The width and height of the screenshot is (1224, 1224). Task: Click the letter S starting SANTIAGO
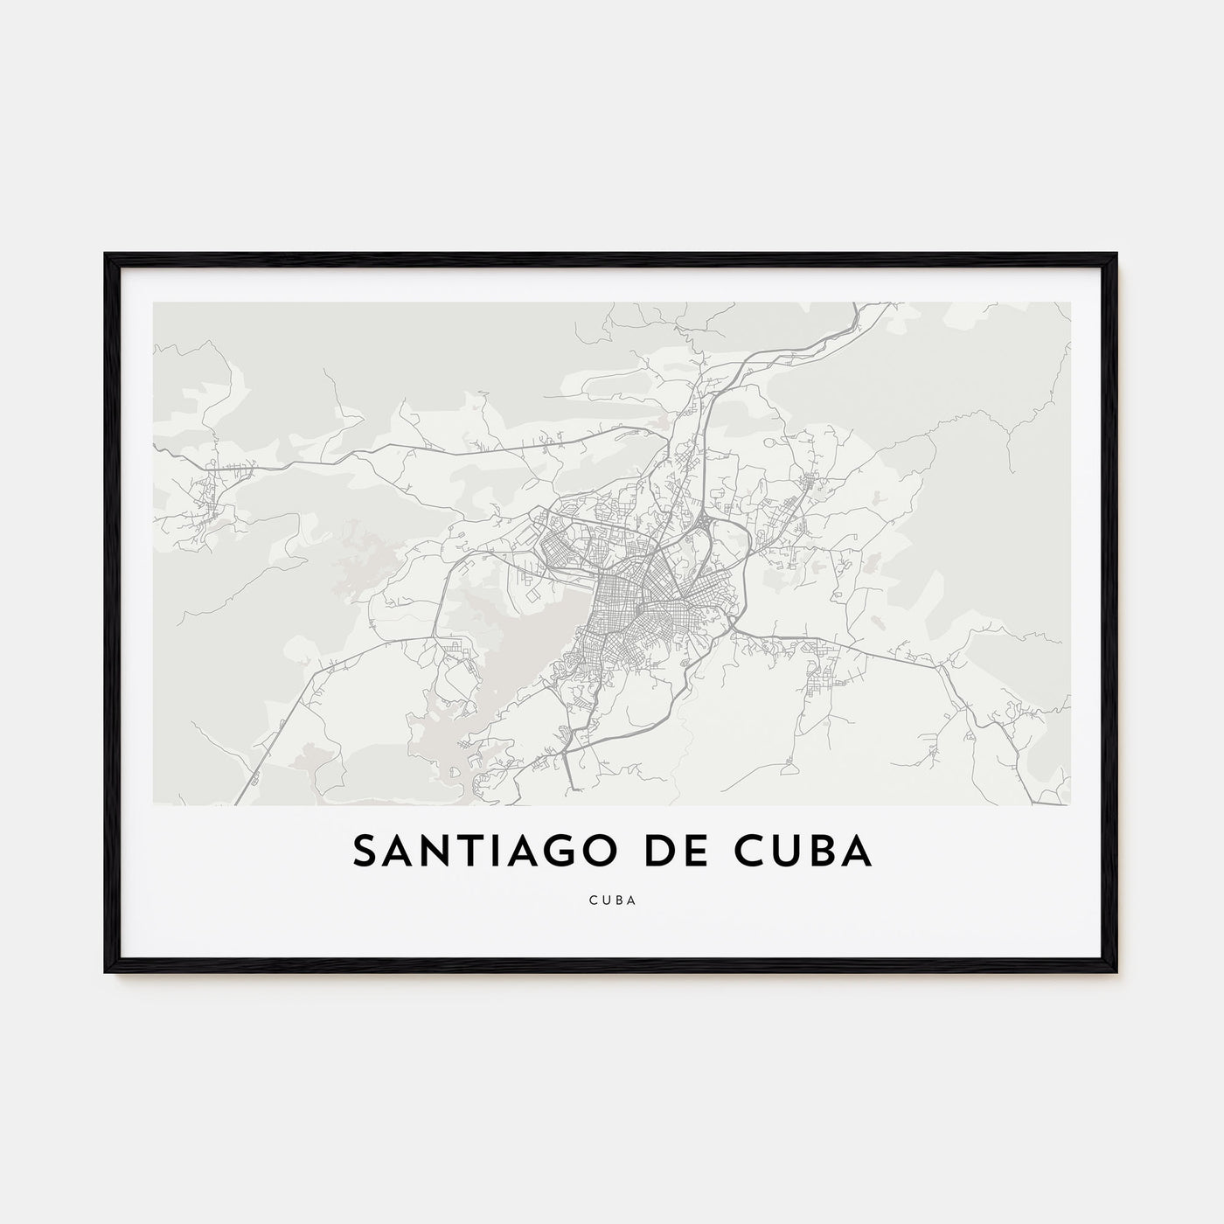pyautogui.click(x=365, y=852)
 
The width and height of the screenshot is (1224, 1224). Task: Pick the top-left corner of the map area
pyautogui.click(x=154, y=303)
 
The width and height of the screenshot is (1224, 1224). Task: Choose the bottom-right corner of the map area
pyautogui.click(x=1069, y=803)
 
